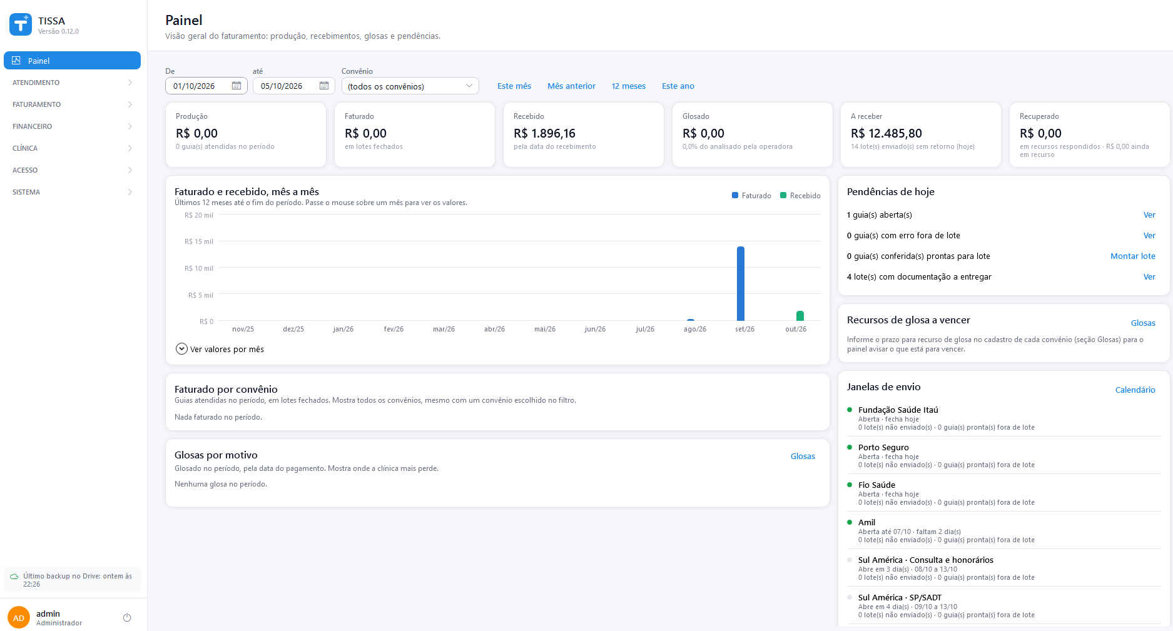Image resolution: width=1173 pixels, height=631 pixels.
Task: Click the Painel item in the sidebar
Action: tap(72, 61)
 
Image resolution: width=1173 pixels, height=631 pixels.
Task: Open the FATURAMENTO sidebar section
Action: tap(72, 104)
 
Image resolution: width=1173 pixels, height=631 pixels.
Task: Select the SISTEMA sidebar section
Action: tap(72, 192)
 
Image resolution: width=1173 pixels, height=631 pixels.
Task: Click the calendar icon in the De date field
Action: tap(236, 86)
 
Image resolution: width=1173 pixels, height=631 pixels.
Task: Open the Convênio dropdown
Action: tap(410, 86)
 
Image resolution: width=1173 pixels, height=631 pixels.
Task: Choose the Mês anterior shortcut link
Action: tap(571, 86)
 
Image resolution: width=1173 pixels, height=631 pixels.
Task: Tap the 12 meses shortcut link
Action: tap(629, 86)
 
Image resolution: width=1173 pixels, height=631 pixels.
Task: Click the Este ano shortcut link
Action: tap(678, 86)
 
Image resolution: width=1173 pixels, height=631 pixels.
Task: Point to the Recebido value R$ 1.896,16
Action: tap(544, 133)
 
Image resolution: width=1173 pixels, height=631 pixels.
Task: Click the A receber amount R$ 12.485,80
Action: tap(886, 133)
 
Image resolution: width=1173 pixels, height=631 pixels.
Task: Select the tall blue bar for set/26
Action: tap(741, 283)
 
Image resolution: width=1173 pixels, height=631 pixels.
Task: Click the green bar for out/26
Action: tap(800, 316)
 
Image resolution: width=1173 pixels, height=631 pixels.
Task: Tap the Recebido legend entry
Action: tap(800, 196)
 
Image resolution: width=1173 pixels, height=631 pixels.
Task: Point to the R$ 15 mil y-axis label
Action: tap(199, 241)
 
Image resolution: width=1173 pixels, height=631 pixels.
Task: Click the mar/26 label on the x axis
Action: tap(444, 329)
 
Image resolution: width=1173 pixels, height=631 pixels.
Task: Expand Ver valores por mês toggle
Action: tap(220, 349)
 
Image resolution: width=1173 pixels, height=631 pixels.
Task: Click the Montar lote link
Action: tap(1133, 256)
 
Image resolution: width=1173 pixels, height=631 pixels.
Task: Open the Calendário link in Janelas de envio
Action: tap(1135, 390)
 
